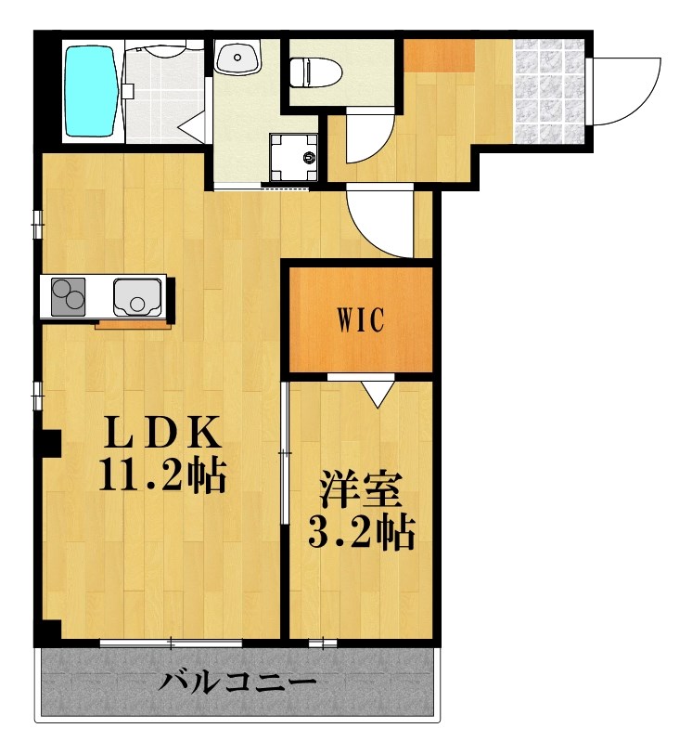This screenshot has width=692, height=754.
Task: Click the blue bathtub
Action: point(92,91)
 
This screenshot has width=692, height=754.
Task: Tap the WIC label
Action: point(360,320)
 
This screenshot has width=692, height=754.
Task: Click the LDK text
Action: point(162,434)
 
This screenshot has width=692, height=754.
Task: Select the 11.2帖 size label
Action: point(162,477)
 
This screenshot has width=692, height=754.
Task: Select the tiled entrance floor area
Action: point(550,91)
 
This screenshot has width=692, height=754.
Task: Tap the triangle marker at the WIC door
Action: point(377,394)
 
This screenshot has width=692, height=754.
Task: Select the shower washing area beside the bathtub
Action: point(163,93)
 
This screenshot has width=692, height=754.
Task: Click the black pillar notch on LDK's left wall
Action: point(51,444)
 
